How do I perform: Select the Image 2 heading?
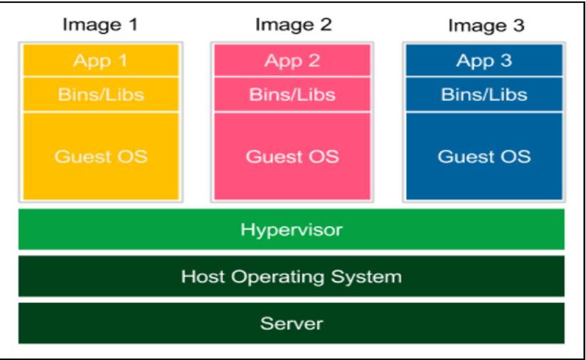(x=292, y=24)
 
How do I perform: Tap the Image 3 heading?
(x=486, y=26)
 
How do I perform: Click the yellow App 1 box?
(x=100, y=60)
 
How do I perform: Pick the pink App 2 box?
(x=292, y=60)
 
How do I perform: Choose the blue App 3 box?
(x=484, y=60)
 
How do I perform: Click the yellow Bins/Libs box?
(x=100, y=95)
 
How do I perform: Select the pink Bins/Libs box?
(x=292, y=95)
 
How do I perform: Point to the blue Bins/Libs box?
(x=484, y=95)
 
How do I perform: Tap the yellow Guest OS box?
(x=100, y=156)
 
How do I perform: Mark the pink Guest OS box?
(x=292, y=156)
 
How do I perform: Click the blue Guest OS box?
(x=484, y=156)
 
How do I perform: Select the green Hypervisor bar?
(x=292, y=229)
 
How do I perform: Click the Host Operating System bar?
(x=292, y=276)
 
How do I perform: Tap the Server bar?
(x=292, y=323)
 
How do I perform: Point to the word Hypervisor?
(x=292, y=230)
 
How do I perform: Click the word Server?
(x=292, y=324)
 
